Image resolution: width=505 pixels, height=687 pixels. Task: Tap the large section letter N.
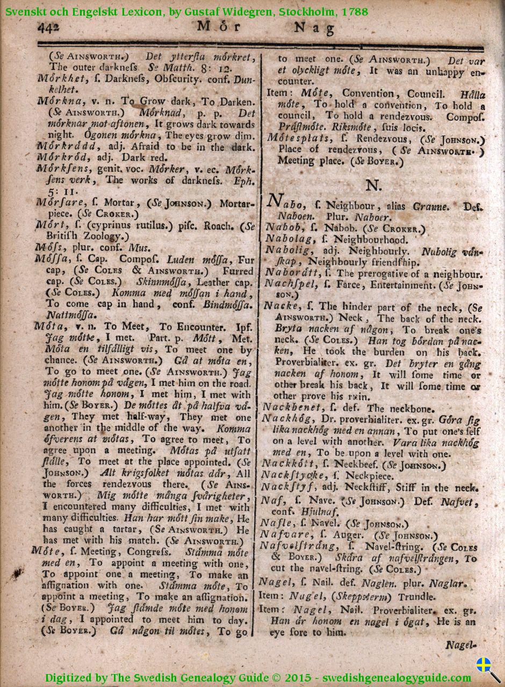pos(373,185)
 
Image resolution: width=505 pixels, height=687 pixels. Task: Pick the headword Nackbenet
pos(293,409)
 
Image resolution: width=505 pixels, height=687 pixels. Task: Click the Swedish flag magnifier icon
pos(487,669)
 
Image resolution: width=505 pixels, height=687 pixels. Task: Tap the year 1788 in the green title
pos(354,11)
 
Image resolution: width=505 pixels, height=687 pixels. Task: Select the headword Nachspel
pos(290,284)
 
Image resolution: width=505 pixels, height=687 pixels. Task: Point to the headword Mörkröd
pos(59,158)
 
